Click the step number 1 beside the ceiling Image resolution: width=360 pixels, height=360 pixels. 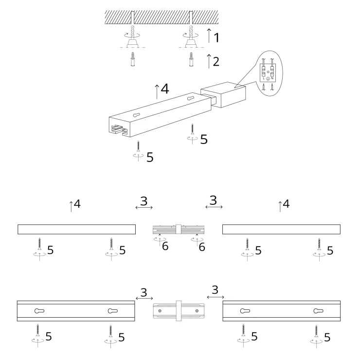[x=216, y=37]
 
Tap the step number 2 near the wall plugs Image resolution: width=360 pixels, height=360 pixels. [x=216, y=61]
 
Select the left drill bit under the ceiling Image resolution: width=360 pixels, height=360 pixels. [x=132, y=32]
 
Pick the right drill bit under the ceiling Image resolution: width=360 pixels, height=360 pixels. [x=191, y=32]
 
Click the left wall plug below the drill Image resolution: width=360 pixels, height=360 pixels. [x=133, y=59]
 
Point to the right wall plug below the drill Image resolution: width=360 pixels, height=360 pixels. [x=191, y=59]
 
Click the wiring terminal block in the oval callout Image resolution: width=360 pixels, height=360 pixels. [x=268, y=72]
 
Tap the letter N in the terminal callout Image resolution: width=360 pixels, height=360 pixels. [x=272, y=78]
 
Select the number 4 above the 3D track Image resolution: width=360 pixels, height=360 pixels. [x=165, y=89]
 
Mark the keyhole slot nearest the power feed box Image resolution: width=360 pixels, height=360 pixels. [x=191, y=98]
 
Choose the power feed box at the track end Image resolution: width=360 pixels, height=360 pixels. [x=223, y=94]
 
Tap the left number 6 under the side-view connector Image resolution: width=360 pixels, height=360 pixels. [x=165, y=246]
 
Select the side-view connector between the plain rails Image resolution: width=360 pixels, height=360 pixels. [x=179, y=229]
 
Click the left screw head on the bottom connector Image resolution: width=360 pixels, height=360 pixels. [x=160, y=311]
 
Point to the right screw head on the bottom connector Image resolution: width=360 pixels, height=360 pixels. [x=197, y=311]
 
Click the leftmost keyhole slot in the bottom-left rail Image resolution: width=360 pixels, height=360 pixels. [x=39, y=311]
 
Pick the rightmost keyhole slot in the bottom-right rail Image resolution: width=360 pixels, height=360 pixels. [x=319, y=311]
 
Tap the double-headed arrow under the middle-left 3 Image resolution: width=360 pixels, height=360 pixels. [x=144, y=208]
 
